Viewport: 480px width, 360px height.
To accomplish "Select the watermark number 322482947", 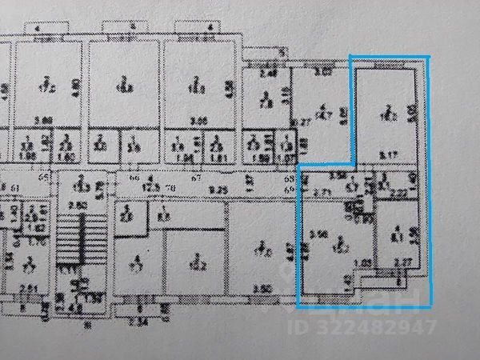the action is point(387,326).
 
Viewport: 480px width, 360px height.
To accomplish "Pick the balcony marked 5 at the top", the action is point(263,54).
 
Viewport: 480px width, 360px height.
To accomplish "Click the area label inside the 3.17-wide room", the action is point(386,114).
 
